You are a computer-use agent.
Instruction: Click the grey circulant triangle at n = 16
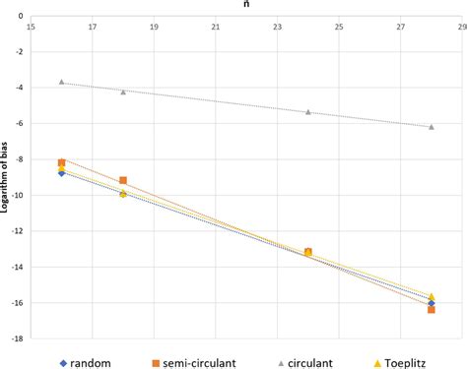(61, 82)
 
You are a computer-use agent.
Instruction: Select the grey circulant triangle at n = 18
(123, 92)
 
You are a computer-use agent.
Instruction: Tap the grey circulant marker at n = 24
(307, 111)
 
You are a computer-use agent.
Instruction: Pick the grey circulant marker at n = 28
(431, 126)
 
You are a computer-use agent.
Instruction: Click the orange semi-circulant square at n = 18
(123, 180)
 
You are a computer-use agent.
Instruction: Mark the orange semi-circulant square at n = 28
(432, 309)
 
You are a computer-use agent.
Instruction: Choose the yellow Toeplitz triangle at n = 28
(431, 296)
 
